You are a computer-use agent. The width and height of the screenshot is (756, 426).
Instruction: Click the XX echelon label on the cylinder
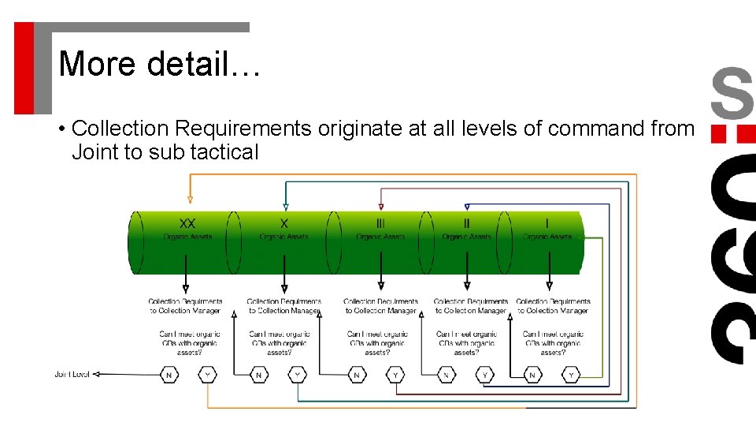click(187, 223)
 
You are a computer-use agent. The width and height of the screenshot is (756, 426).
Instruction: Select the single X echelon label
click(284, 223)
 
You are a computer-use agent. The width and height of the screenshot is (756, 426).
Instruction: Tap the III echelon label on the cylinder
click(381, 223)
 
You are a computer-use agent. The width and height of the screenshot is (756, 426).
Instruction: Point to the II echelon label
click(467, 223)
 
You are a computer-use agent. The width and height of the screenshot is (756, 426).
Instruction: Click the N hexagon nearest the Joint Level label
click(169, 375)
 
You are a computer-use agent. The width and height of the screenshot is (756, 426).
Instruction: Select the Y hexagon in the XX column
click(207, 375)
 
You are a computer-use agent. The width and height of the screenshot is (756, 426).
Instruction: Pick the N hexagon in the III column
click(357, 375)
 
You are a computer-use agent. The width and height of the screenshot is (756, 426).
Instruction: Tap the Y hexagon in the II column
click(485, 375)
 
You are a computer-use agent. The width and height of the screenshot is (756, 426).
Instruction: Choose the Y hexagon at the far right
click(572, 375)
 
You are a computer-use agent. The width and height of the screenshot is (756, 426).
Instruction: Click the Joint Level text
click(72, 375)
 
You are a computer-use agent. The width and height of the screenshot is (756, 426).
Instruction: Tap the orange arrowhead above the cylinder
click(190, 200)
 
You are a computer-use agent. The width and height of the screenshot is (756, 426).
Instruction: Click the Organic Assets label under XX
click(187, 237)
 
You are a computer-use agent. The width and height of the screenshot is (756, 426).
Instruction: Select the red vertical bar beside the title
click(24, 68)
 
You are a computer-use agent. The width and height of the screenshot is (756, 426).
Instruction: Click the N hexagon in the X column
click(259, 375)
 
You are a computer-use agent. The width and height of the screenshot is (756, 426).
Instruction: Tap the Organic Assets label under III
click(381, 237)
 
